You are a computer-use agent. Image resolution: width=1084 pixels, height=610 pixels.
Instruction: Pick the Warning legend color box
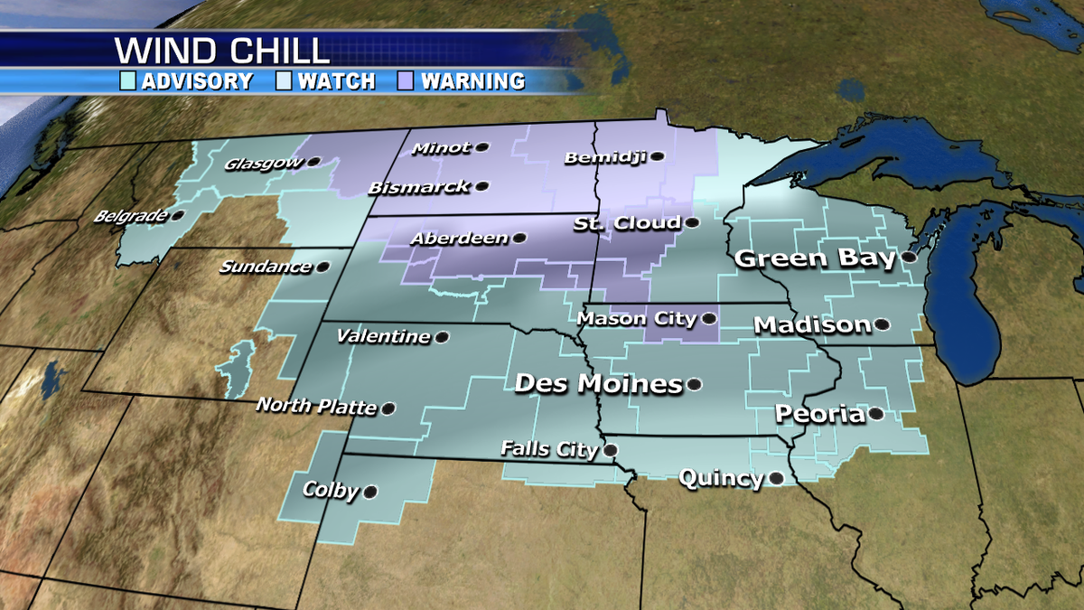pyautogui.click(x=406, y=81)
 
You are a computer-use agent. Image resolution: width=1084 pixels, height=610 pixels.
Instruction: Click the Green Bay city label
pyautogui.click(x=815, y=258)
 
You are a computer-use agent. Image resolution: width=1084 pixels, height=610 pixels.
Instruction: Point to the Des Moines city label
pyautogui.click(x=598, y=384)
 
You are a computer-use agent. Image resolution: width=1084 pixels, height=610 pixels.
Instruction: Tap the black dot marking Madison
pyautogui.click(x=882, y=324)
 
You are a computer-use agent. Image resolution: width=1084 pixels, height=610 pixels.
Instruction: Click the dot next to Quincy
pyautogui.click(x=775, y=478)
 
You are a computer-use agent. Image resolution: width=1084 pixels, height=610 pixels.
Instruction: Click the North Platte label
pyautogui.click(x=315, y=406)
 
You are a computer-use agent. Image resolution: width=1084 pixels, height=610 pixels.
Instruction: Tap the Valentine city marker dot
pyautogui.click(x=442, y=337)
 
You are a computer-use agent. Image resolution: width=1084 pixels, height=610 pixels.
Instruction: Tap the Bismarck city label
pyautogui.click(x=419, y=187)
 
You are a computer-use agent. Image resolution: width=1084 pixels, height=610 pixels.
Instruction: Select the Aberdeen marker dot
pyautogui.click(x=519, y=239)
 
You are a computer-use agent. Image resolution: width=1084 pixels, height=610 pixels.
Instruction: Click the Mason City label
pyautogui.click(x=637, y=318)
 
